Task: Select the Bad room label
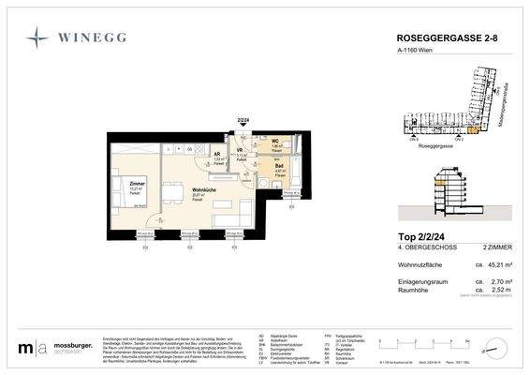point(278,167)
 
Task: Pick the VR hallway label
point(242,152)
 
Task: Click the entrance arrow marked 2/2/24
point(243,125)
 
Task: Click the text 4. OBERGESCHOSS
point(416,248)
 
